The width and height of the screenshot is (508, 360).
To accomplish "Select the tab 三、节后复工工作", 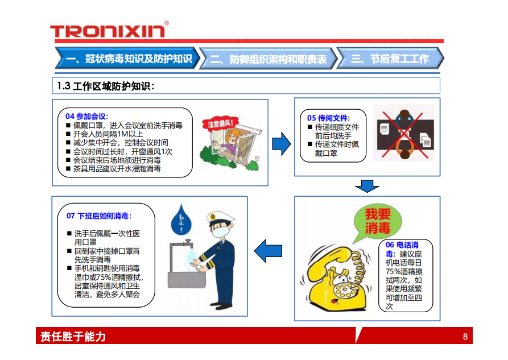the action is pos(390,59).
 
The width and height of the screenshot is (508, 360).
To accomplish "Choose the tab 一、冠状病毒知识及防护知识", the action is pos(128,58).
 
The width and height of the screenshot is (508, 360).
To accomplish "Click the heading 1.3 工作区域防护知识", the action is pos(106,86).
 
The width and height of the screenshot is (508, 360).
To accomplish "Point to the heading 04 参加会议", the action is pos(86,116).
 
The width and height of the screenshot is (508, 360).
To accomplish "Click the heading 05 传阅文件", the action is pos(328,118).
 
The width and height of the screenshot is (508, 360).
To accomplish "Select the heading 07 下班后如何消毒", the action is pos(99,216).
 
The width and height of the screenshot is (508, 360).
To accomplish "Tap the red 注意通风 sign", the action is pos(220,123).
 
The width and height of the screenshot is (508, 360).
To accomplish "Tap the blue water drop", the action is pos(181,220).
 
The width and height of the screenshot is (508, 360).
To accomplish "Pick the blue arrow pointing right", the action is pos(281,143).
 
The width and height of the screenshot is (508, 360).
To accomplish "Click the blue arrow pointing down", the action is pos(367,186).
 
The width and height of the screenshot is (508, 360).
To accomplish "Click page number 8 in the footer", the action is pos(465,337).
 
